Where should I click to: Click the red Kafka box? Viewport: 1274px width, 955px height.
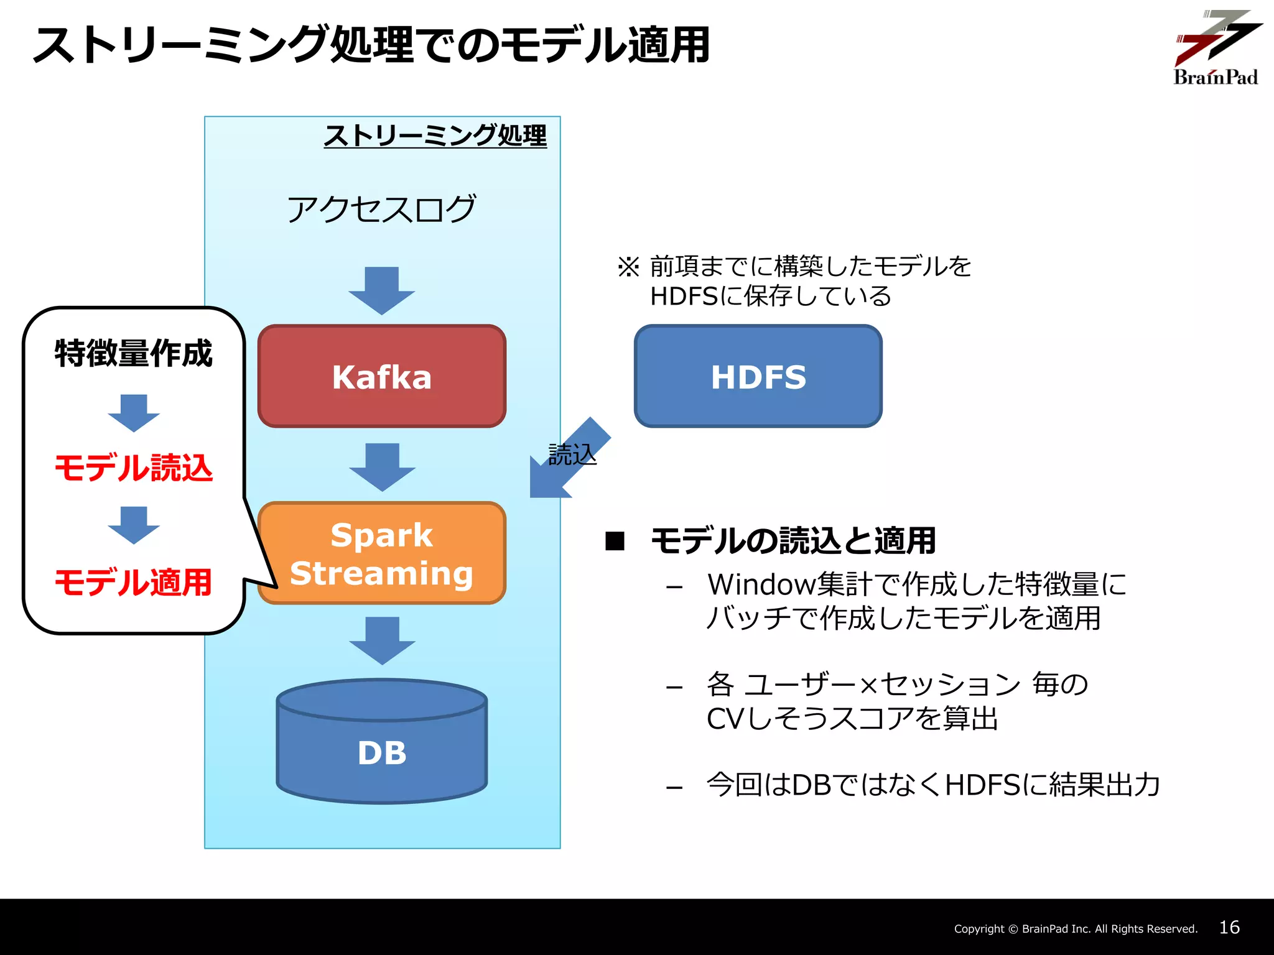click(x=381, y=376)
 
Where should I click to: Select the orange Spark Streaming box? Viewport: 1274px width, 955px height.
click(x=381, y=553)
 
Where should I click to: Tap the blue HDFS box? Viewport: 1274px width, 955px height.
click(x=758, y=376)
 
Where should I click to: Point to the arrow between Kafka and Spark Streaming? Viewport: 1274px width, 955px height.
click(x=382, y=466)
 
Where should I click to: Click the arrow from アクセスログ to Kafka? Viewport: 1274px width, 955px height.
click(x=381, y=290)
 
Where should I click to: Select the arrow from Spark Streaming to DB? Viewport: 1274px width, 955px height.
click(x=382, y=640)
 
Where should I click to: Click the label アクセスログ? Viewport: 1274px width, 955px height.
click(x=381, y=209)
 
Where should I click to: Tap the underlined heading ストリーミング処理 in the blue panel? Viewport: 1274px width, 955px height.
click(x=435, y=136)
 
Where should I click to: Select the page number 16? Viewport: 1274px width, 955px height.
click(x=1229, y=928)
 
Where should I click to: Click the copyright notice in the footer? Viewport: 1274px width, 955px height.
click(x=1076, y=929)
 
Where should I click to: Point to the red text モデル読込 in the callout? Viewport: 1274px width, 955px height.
click(x=134, y=468)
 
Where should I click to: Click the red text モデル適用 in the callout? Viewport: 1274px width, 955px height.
click(x=134, y=583)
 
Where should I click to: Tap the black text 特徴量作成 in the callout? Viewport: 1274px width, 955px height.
click(x=134, y=353)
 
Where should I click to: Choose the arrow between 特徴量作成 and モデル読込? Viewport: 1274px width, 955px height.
click(x=134, y=413)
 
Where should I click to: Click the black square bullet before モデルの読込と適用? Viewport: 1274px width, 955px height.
click(x=615, y=541)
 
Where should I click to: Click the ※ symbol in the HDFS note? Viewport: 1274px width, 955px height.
click(x=628, y=267)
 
